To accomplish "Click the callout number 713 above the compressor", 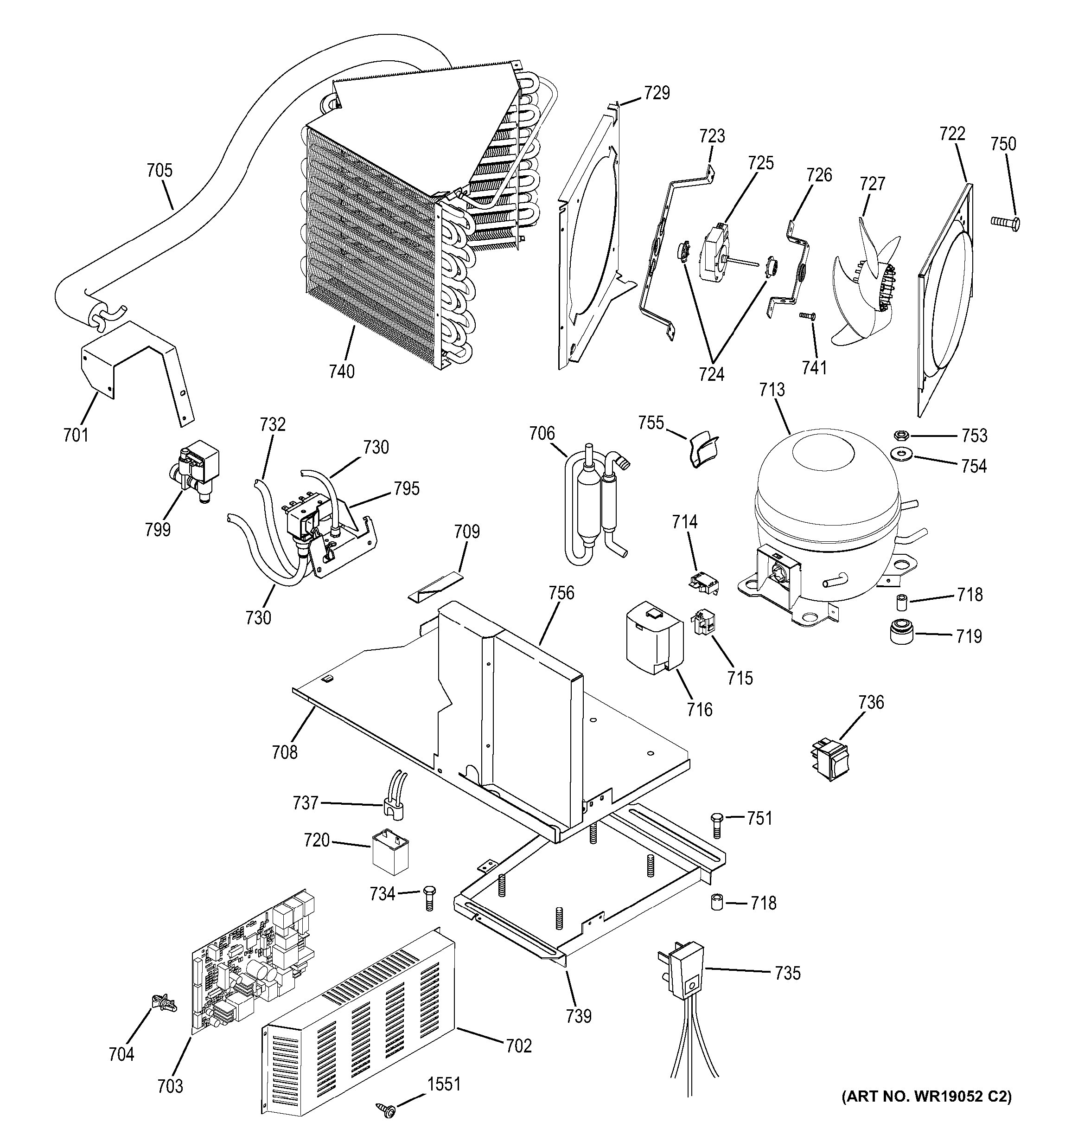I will tap(772, 390).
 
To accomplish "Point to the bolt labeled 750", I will tap(1005, 221).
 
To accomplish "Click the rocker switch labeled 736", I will tap(830, 758).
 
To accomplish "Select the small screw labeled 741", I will tap(807, 315).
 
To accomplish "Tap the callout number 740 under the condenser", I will tap(342, 372).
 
